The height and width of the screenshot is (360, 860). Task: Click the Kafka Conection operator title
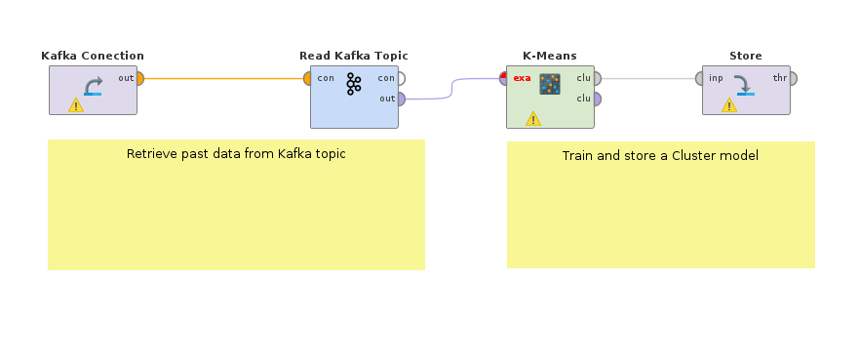pos(93,56)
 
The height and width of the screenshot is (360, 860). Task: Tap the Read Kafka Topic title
pos(353,56)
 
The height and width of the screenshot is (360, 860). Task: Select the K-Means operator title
pos(550,56)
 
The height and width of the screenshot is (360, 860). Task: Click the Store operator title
pos(745,56)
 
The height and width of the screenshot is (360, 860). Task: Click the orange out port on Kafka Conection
pos(140,78)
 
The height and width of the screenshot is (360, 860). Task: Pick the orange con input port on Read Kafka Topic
pos(308,78)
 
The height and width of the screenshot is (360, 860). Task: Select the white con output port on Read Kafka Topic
pos(401,78)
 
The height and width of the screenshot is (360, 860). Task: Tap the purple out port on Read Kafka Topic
pos(401,98)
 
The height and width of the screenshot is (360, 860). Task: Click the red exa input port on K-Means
pos(504,78)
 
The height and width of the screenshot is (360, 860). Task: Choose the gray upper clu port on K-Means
pos(596,78)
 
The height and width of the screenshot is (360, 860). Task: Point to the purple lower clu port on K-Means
pos(596,99)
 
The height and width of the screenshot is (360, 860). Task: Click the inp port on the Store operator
pos(700,78)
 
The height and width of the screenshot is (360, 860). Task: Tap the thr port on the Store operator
pos(793,78)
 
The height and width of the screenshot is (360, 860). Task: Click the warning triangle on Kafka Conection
pos(75,105)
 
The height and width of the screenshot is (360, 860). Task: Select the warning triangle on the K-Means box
pos(532,119)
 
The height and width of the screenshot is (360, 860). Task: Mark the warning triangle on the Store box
pos(728,105)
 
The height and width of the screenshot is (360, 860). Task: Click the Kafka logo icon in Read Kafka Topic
pos(354,84)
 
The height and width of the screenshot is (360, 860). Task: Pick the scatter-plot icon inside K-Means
pos(551,84)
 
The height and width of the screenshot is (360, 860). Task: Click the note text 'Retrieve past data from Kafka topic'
pos(236,154)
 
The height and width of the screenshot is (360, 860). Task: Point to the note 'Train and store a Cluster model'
pos(660,156)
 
